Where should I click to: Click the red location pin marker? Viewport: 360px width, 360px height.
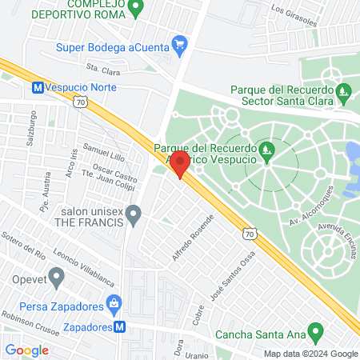click(181, 164)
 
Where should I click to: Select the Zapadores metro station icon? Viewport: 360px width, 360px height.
click(119, 326)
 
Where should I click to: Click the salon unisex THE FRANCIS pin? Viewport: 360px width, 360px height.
click(134, 214)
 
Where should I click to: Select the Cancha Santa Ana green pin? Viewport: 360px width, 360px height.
click(316, 330)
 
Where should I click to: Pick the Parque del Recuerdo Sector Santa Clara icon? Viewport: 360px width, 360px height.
click(344, 91)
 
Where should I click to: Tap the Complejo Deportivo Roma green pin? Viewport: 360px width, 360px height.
click(135, 8)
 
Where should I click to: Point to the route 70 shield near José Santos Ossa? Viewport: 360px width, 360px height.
click(250, 234)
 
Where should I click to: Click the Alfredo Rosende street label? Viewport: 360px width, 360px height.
click(194, 237)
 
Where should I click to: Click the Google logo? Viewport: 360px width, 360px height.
click(27, 350)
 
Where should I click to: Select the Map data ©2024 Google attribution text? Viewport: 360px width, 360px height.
click(312, 354)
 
